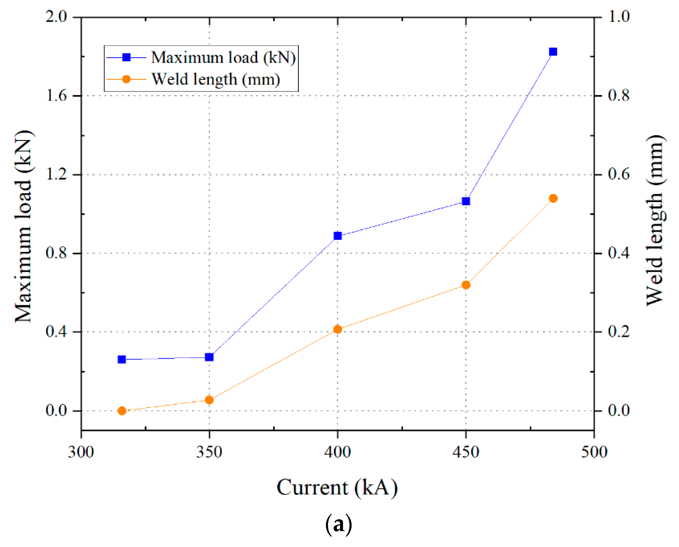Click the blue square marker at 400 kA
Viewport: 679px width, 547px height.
[338, 236]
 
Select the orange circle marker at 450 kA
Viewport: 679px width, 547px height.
[466, 285]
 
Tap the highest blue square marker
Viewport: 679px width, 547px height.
[553, 52]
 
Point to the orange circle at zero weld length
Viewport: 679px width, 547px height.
[122, 411]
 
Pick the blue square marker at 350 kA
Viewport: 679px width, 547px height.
[209, 357]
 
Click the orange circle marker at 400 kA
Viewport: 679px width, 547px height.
[338, 329]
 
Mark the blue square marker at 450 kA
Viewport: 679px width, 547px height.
[466, 201]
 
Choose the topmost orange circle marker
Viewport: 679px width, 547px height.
[553, 198]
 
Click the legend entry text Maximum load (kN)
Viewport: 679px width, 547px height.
[223, 58]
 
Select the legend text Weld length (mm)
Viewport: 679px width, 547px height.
[216, 79]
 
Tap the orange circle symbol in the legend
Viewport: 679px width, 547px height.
[126, 79]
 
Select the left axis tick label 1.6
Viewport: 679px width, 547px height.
[57, 96]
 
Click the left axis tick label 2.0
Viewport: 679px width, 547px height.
[57, 17]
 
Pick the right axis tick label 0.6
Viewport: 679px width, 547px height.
[619, 174]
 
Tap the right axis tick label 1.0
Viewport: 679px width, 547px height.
[619, 17]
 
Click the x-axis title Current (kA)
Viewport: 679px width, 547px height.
[337, 488]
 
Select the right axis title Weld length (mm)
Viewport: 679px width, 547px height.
[656, 221]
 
